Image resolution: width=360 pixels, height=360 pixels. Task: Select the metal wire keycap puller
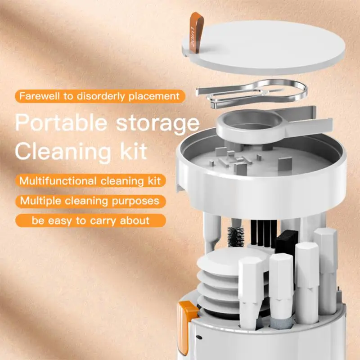(252, 92)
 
